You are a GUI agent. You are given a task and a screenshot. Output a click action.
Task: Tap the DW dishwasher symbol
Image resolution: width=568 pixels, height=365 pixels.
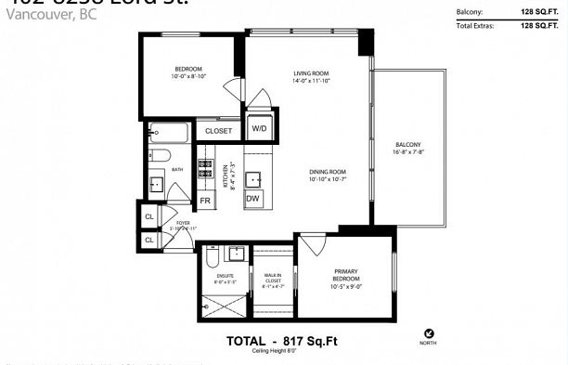coord(253,199)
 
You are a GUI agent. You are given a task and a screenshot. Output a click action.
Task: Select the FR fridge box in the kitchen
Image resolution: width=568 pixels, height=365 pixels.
coord(205,200)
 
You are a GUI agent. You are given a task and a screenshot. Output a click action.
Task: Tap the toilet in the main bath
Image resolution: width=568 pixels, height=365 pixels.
coord(159,155)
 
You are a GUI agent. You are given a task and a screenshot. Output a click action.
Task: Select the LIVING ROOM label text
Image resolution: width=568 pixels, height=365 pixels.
coord(310,74)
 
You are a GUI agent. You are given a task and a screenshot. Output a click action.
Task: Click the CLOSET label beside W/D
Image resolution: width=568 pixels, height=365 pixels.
coord(218,131)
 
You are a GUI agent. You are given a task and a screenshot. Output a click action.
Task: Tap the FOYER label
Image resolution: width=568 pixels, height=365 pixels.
coord(182,224)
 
